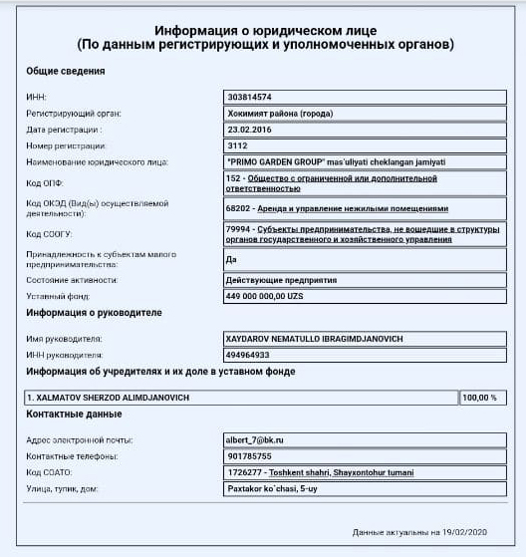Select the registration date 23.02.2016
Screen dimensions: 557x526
(248, 129)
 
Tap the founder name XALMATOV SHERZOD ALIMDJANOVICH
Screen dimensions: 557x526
(110, 397)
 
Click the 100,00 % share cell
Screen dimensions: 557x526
(479, 398)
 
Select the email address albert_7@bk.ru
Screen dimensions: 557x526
(256, 439)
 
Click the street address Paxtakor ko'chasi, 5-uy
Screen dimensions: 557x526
(272, 488)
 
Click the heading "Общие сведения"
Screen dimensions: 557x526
(66, 72)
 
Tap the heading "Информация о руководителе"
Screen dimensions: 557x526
(94, 313)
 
